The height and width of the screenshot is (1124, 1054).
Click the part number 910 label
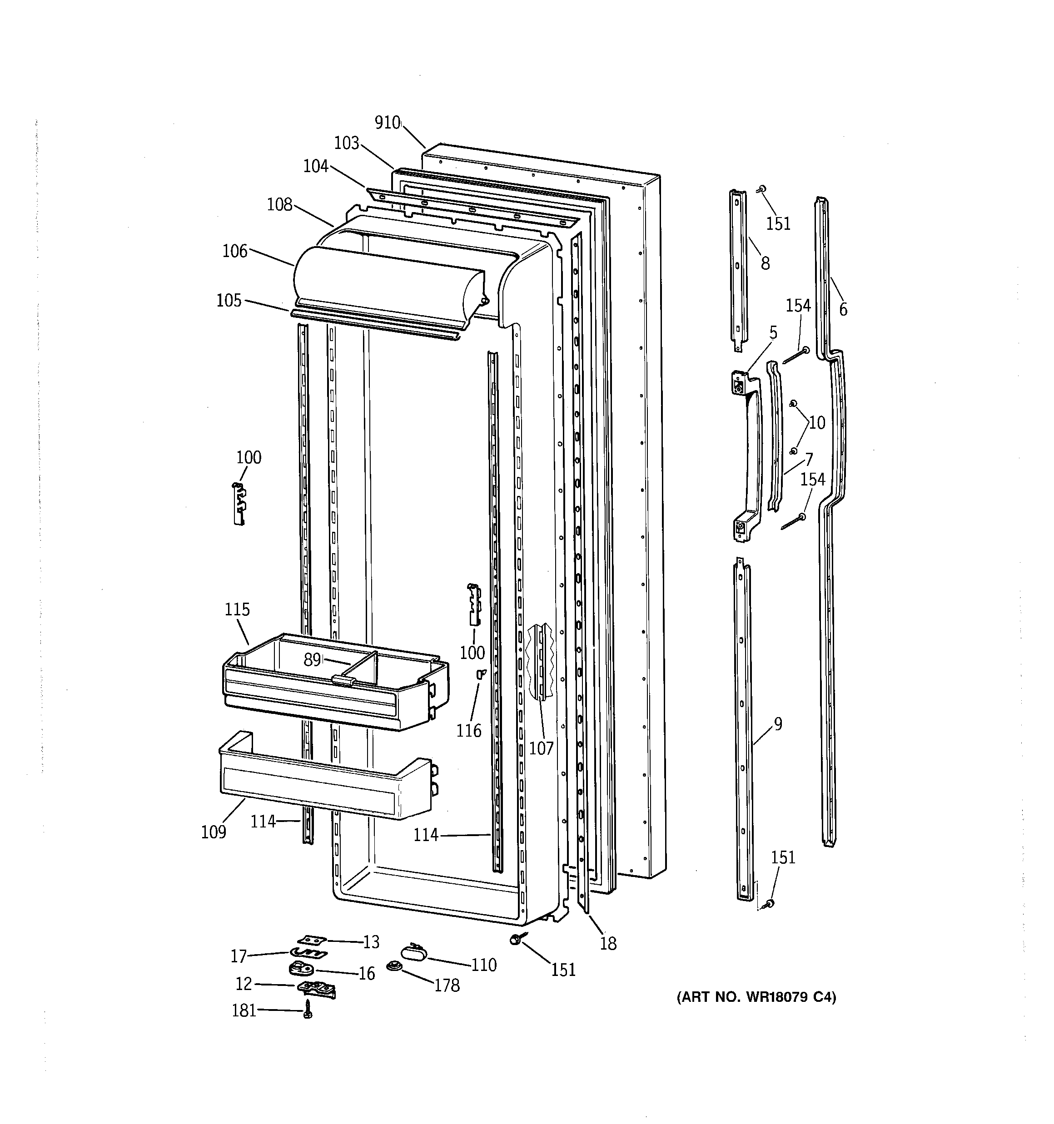point(388,123)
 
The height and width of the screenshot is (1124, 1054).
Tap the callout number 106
point(235,251)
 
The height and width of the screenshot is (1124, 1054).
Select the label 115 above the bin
point(237,609)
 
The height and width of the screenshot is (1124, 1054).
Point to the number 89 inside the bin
point(312,660)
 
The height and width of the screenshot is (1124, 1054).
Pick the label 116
point(469,731)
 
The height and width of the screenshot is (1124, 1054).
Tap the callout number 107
point(541,748)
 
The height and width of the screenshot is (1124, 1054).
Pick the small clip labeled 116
point(481,673)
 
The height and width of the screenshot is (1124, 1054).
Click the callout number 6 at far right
point(843,309)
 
